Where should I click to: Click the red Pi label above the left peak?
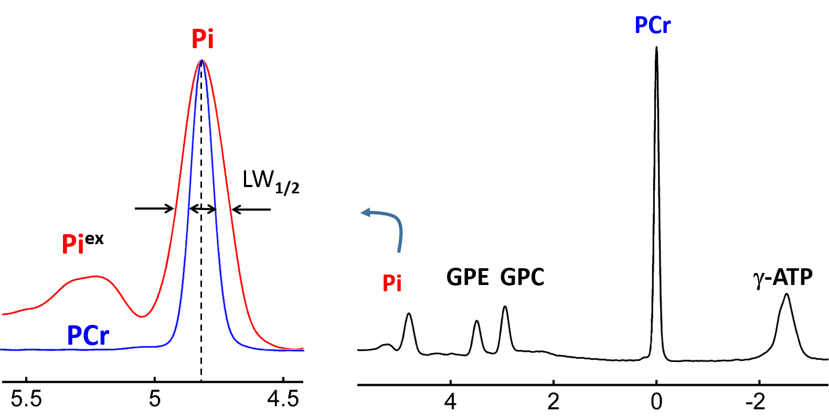click(202, 39)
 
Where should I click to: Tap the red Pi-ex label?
click(82, 243)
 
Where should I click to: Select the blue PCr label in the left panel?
click(88, 336)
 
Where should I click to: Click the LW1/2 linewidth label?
click(270, 181)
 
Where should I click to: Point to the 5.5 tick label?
click(26, 399)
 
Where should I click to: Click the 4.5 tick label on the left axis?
click(283, 399)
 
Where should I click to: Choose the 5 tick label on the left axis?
click(154, 399)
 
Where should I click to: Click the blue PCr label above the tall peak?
click(652, 25)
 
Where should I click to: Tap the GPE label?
click(467, 277)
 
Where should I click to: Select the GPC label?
click(522, 277)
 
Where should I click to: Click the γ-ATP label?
click(783, 277)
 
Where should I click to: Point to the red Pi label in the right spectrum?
click(392, 283)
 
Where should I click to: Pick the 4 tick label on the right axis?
click(450, 402)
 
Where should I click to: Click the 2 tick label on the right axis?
click(553, 402)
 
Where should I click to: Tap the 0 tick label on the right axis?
click(656, 402)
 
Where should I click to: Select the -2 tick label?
click(756, 402)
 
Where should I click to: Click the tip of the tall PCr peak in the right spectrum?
click(656, 48)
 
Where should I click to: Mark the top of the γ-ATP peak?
click(787, 294)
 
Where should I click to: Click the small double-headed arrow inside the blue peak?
click(203, 210)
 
